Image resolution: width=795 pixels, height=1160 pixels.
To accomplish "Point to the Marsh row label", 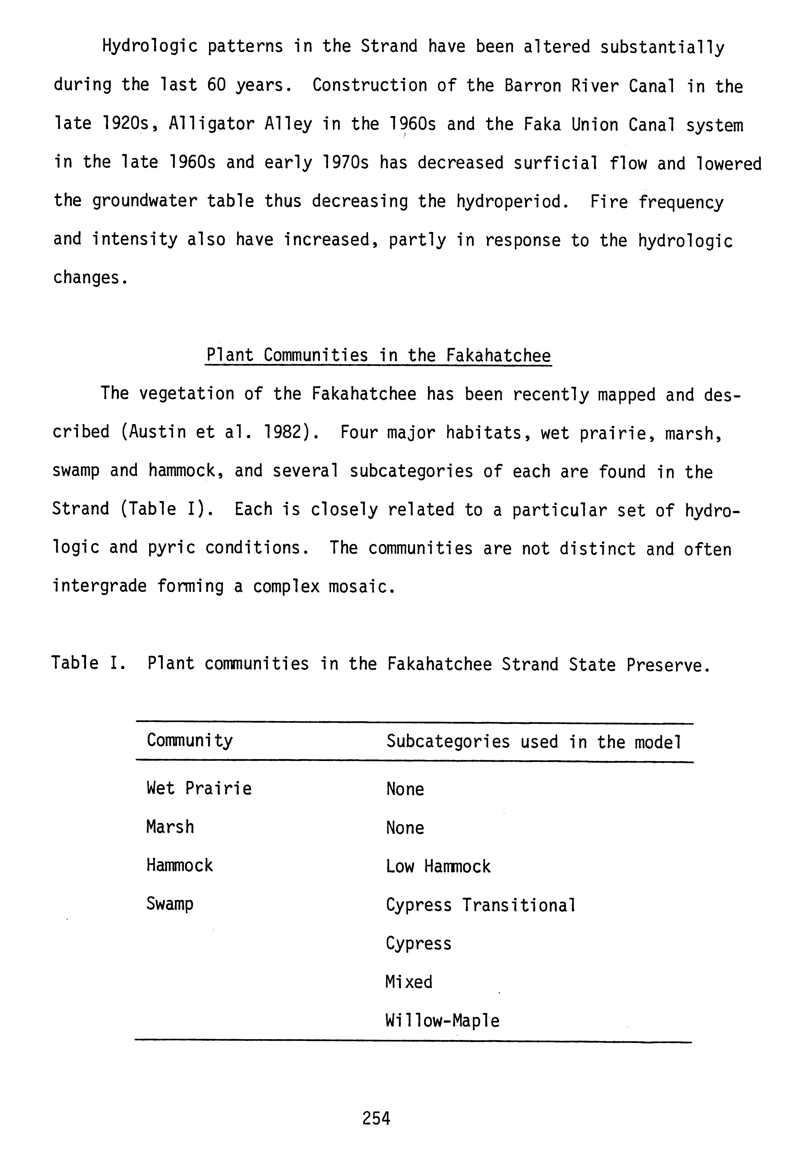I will click(170, 827).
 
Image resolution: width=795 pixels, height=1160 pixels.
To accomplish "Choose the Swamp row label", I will click(170, 904).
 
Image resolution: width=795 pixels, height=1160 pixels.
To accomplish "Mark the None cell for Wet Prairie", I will click(405, 789).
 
